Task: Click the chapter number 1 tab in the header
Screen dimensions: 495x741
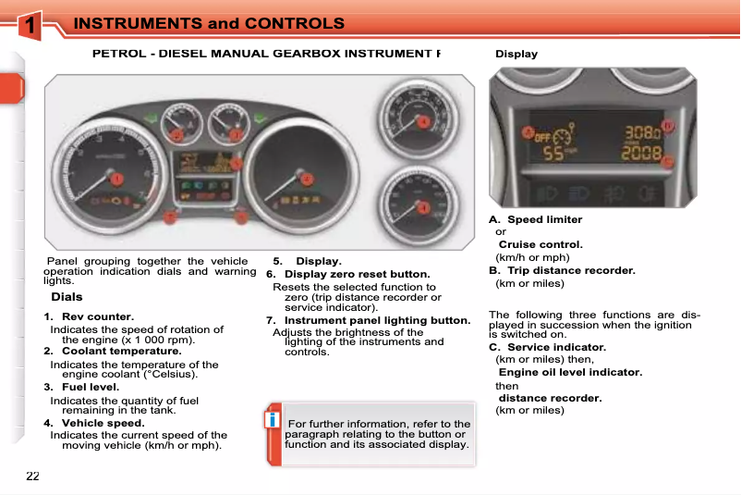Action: (x=31, y=27)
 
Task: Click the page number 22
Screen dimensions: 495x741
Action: (x=32, y=476)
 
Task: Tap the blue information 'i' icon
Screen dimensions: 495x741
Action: (x=272, y=421)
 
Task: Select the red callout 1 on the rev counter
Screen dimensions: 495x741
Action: (x=117, y=178)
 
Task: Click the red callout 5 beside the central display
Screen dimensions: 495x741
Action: (x=237, y=164)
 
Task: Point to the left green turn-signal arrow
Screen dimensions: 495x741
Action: (x=150, y=118)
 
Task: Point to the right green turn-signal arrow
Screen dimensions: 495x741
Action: (x=261, y=118)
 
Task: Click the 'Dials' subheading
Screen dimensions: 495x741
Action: (x=67, y=297)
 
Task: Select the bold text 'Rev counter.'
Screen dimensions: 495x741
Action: (x=97, y=317)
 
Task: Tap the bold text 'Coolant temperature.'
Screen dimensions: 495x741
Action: (x=121, y=351)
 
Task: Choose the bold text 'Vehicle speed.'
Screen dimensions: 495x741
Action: (x=103, y=423)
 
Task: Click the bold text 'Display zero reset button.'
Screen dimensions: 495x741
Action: (x=357, y=274)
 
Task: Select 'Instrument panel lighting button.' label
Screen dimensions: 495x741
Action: (x=377, y=320)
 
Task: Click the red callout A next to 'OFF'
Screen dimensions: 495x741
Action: (x=528, y=132)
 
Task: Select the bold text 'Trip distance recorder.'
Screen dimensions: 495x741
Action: (x=571, y=270)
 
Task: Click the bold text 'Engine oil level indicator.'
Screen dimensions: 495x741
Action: (x=570, y=372)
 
